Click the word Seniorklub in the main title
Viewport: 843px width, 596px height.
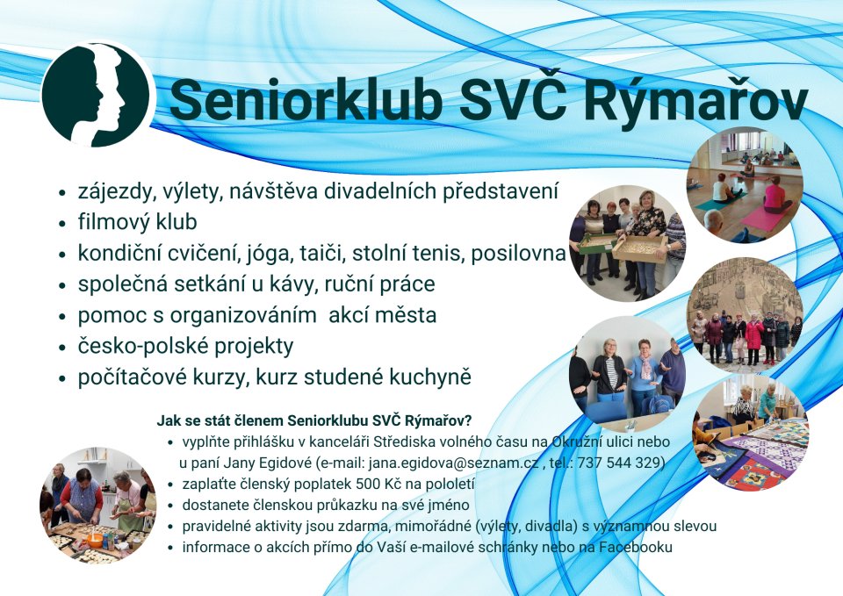coord(306,100)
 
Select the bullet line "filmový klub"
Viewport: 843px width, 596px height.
coord(138,222)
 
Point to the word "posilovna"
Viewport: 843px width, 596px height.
coord(518,254)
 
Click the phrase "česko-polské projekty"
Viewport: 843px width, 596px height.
coord(185,346)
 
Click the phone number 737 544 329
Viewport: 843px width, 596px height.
coord(621,463)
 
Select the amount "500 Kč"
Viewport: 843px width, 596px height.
coord(375,484)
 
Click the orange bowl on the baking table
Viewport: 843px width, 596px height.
coord(95,540)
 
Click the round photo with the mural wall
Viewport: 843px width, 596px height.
coord(746,315)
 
